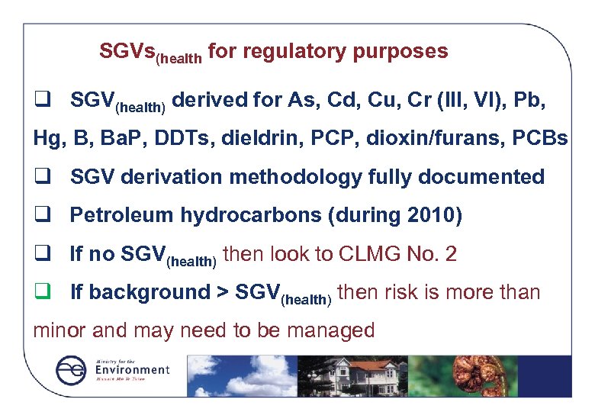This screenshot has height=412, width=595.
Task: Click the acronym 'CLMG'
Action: (359, 254)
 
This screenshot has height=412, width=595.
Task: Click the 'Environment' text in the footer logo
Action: (131, 369)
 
